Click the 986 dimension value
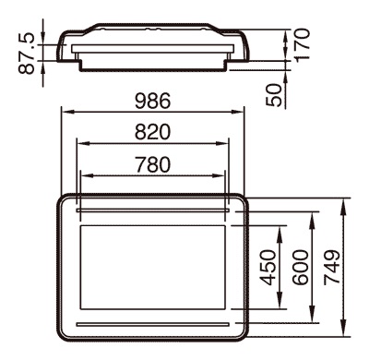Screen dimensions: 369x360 (x=152, y=101)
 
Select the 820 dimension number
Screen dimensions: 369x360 (x=152, y=132)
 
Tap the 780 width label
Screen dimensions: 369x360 (x=153, y=164)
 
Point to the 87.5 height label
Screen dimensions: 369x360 (x=27, y=54)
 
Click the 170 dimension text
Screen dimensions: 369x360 (x=301, y=44)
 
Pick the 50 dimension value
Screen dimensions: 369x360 (x=274, y=95)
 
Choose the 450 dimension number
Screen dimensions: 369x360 (x=268, y=268)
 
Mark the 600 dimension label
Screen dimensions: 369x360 (x=300, y=268)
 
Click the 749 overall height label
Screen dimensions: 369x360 (x=332, y=267)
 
